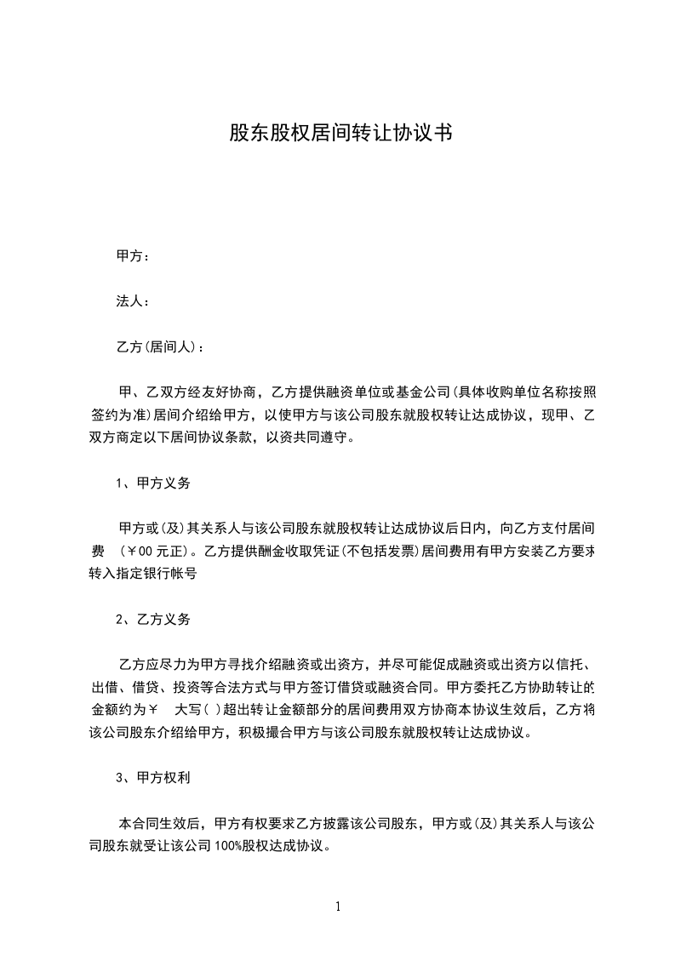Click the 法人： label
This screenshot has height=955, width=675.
134,300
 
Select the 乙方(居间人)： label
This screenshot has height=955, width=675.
160,346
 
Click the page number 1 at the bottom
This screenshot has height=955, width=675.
338,906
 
